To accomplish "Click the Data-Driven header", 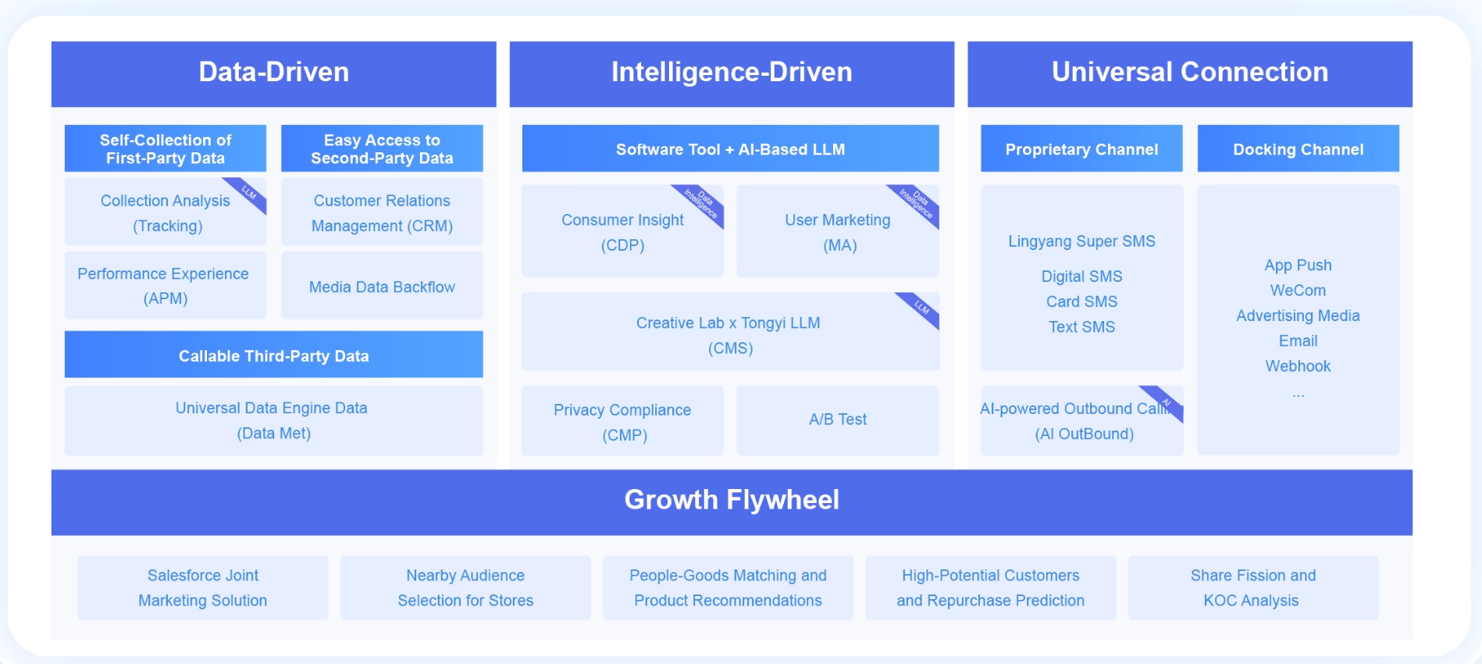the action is point(273,73).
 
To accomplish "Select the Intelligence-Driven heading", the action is point(732,73).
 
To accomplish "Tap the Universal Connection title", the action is point(1189,73).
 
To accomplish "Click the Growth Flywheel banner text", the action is point(732,500).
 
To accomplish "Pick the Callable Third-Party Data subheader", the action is point(273,355).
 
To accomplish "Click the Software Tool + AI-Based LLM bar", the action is point(730,149).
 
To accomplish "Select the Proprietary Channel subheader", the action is point(1081,149).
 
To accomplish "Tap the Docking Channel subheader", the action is point(1298,149).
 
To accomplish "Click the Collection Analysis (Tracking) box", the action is point(166,212).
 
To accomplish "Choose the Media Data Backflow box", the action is point(382,287).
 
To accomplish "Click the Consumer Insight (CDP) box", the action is point(622,232).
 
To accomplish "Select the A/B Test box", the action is point(838,419).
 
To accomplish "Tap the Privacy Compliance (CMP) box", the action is point(622,422).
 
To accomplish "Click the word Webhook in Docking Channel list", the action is point(1298,366).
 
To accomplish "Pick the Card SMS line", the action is point(1081,302).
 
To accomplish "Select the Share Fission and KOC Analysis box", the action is point(1252,587).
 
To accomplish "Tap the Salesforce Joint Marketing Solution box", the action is point(203,587).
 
